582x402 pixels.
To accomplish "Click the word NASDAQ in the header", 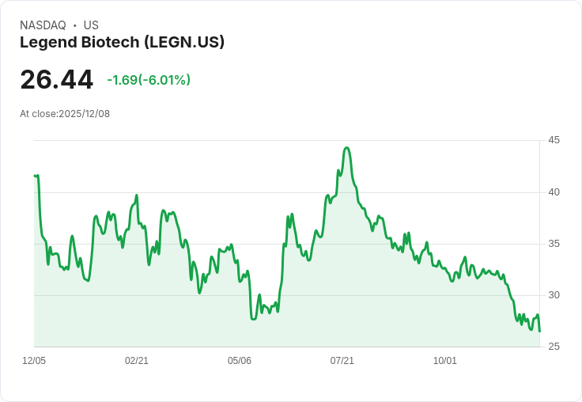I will [x=43, y=25].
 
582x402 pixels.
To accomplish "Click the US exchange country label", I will [x=91, y=25].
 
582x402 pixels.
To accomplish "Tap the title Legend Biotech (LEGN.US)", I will [x=122, y=43].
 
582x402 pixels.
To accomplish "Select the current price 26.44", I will [x=56, y=80].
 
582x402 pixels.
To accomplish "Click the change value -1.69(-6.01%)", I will [x=149, y=80].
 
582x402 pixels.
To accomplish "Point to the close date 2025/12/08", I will [x=84, y=114].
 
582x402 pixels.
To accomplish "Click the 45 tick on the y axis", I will [x=554, y=140].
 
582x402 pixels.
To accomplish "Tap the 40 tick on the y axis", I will [x=554, y=192].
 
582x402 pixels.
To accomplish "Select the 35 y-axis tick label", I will [x=554, y=244].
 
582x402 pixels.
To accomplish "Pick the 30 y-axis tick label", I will [x=554, y=295].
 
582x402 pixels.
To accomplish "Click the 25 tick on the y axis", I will [x=554, y=347].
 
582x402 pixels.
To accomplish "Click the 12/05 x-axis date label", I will [x=34, y=361].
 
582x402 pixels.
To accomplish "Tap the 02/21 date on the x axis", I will [x=137, y=361].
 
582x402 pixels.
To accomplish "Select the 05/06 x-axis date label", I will [x=240, y=361].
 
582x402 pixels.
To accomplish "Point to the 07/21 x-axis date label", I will [x=342, y=361].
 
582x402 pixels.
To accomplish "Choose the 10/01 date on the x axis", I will [x=445, y=361].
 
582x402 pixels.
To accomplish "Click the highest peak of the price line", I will [x=346, y=147].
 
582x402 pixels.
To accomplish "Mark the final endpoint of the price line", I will [x=540, y=332].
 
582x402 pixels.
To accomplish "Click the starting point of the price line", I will [x=35, y=176].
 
